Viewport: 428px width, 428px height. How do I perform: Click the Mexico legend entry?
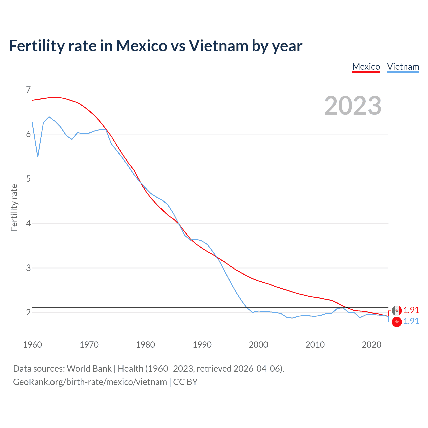pyautogui.click(x=366, y=67)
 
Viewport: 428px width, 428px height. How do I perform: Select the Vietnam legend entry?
pyautogui.click(x=403, y=67)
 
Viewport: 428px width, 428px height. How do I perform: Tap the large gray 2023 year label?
pyautogui.click(x=353, y=106)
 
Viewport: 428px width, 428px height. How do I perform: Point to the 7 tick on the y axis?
pyautogui.click(x=28, y=90)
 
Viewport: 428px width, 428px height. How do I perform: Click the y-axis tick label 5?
pyautogui.click(x=28, y=179)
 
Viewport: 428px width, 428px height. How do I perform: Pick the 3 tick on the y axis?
pyautogui.click(x=28, y=267)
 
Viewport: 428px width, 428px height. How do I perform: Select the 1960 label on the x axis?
pyautogui.click(x=32, y=345)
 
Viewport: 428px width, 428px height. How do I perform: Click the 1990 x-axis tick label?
pyautogui.click(x=202, y=345)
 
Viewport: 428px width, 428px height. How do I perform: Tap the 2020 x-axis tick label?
pyautogui.click(x=371, y=345)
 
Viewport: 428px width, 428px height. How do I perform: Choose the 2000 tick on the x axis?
pyautogui.click(x=258, y=345)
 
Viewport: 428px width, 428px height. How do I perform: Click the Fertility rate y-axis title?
pyautogui.click(x=14, y=207)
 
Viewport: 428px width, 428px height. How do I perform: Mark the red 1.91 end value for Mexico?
pyautogui.click(x=411, y=310)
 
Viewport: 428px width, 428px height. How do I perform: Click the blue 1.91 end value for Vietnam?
pyautogui.click(x=411, y=321)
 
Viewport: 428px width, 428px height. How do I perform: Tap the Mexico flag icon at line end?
pyautogui.click(x=397, y=311)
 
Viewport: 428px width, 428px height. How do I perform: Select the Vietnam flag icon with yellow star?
pyautogui.click(x=397, y=322)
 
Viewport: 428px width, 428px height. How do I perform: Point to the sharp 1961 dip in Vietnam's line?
pyautogui.click(x=38, y=157)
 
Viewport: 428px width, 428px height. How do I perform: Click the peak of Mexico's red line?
pyautogui.click(x=55, y=97)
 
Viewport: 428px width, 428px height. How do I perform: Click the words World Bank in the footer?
pyautogui.click(x=89, y=369)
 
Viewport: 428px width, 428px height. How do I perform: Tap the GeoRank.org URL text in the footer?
pyautogui.click(x=90, y=382)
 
